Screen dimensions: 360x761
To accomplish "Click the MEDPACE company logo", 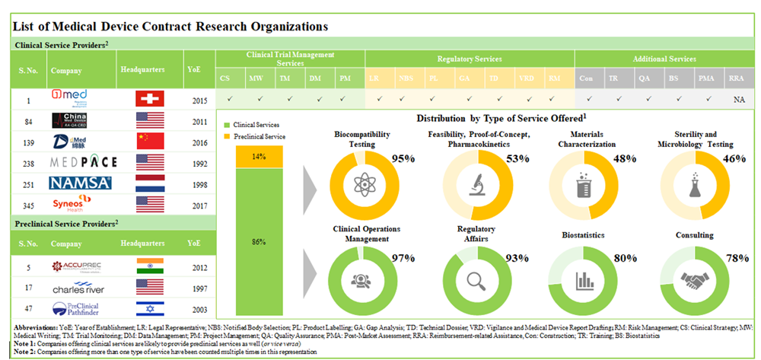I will (x=81, y=162).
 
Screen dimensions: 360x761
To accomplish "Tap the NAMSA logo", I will (x=81, y=183).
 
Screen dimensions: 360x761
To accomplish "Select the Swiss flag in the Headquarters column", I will (x=150, y=98).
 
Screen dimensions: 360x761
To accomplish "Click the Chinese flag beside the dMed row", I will (x=150, y=141).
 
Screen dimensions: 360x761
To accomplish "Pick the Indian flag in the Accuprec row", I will (x=150, y=266).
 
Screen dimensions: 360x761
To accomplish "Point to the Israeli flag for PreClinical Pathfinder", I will (x=150, y=309).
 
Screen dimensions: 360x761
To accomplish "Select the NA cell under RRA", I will (x=737, y=98).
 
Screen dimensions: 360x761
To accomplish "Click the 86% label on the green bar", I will (x=259, y=242).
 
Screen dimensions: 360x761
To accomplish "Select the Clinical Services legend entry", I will (x=255, y=124).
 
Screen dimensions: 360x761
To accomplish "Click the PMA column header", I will (x=705, y=78).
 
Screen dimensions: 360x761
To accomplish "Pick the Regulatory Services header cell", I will (x=467, y=59).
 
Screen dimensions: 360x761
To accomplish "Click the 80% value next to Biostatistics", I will (x=626, y=257).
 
